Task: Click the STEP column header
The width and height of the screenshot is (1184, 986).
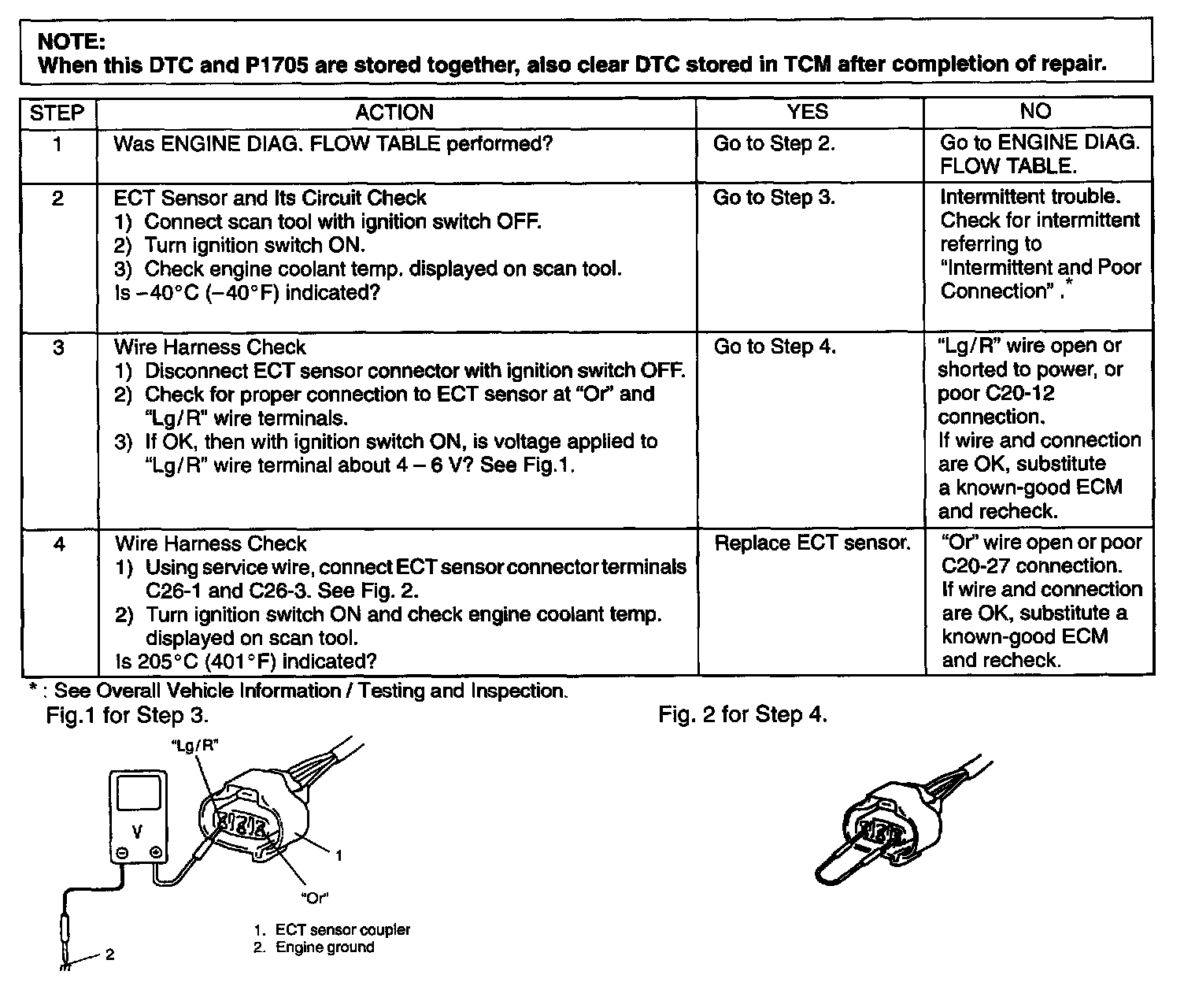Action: (x=57, y=113)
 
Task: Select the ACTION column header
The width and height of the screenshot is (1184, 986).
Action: (x=394, y=112)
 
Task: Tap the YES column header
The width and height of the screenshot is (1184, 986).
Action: (x=808, y=112)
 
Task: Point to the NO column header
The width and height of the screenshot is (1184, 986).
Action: (x=1035, y=111)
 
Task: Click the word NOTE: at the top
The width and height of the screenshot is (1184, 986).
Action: (x=72, y=42)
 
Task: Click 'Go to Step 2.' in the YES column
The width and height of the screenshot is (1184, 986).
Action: (x=774, y=143)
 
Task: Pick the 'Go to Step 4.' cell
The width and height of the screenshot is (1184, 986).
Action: (x=775, y=347)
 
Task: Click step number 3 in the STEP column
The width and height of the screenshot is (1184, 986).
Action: (x=57, y=347)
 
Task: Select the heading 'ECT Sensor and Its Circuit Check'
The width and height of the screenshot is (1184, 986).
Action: (x=270, y=198)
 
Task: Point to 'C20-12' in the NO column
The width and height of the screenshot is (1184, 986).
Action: (x=1019, y=393)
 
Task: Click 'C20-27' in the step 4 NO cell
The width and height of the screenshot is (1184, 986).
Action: (x=975, y=566)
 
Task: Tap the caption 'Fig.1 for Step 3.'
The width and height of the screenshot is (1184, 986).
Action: (x=128, y=715)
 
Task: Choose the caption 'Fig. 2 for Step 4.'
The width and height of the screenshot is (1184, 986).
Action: (x=742, y=714)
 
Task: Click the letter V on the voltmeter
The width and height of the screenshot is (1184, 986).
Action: (x=138, y=831)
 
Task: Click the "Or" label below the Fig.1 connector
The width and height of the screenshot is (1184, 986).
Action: (x=314, y=897)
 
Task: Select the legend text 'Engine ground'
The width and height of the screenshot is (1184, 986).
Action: (x=324, y=947)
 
